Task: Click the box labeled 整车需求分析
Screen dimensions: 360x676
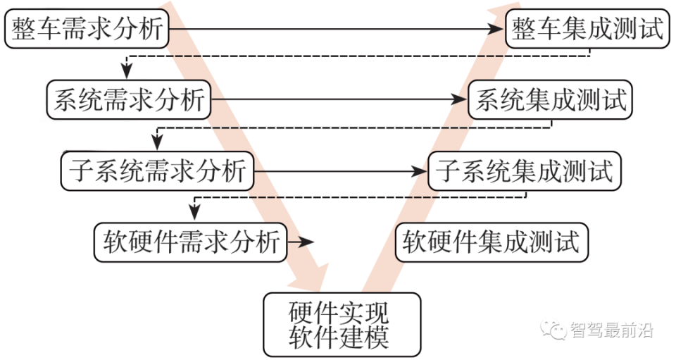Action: pos(87,30)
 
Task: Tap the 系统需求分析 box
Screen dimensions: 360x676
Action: pos(129,99)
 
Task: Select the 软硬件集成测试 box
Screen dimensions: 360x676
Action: pos(491,242)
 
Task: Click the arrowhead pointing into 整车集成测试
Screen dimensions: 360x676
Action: pos(499,30)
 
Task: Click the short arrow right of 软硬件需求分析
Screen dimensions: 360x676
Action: pos(301,242)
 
